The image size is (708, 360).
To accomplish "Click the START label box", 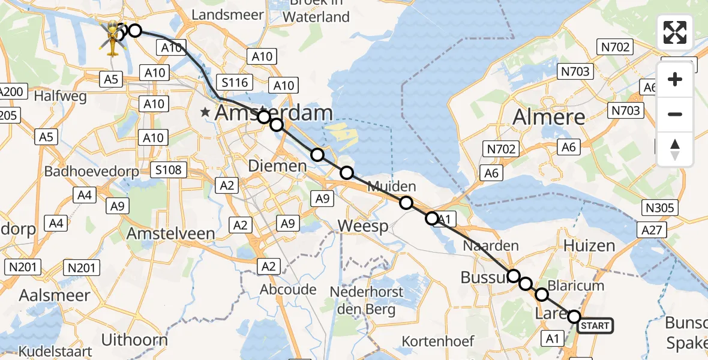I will pos(595,326).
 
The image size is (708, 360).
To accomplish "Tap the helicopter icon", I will pos(112,37).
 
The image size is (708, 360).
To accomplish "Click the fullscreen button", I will pos(675,32).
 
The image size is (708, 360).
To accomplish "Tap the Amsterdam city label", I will pos(274,112).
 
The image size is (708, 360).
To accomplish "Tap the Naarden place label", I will pos(490,245).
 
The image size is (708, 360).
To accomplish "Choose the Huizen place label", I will pos(589,245).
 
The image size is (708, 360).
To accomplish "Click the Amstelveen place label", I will pos(172,233).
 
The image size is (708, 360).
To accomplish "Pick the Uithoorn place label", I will pos(134,340).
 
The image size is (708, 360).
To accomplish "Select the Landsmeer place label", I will pos(228,14).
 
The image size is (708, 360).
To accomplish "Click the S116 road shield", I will pos(235,82).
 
